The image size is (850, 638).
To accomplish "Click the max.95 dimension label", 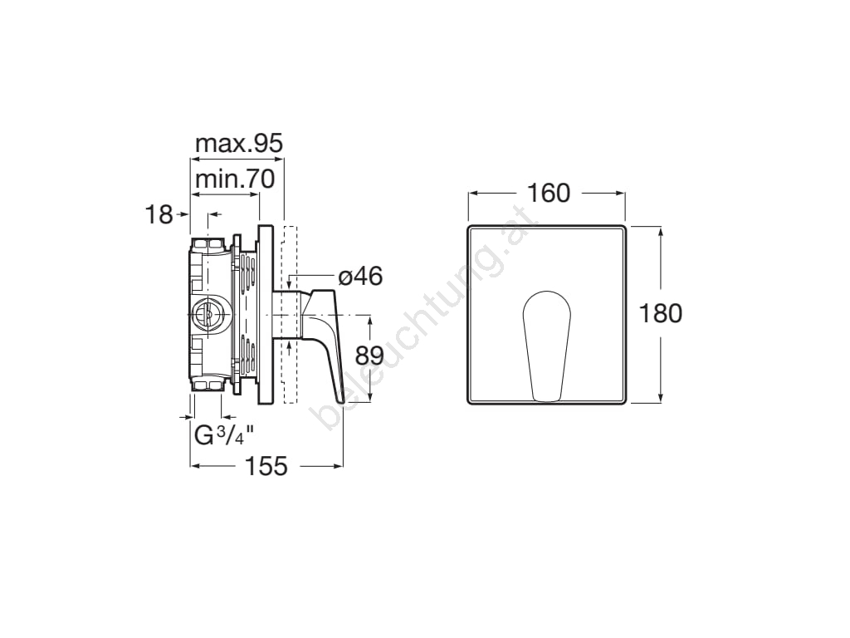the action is tap(239, 144).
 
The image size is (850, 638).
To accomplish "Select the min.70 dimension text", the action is tap(235, 179).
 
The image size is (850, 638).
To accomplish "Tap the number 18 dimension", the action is tap(159, 215).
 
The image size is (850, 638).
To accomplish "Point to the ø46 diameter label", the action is tap(360, 277).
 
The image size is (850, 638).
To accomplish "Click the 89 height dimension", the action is tap(369, 356).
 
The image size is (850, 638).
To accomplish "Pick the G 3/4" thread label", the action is tap(224, 435).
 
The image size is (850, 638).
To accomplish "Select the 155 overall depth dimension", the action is tap(266, 466).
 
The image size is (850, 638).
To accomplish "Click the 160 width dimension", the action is tap(549, 193).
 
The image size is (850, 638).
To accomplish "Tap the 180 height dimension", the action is tap(661, 313).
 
